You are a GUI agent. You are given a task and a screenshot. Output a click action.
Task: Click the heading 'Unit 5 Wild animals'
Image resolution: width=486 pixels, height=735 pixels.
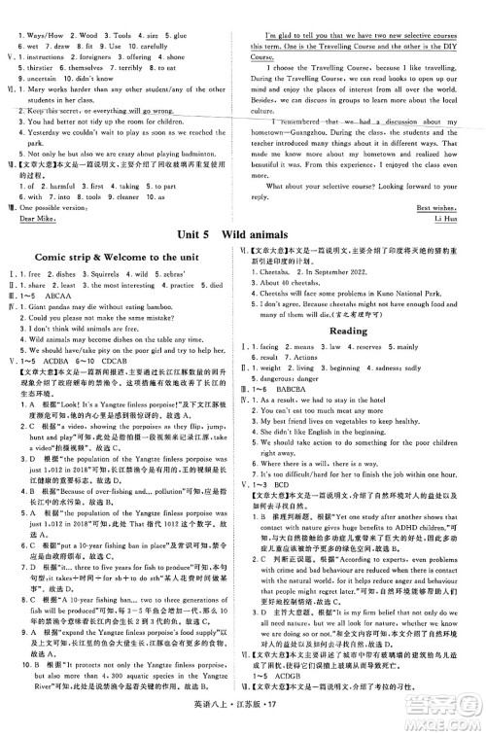coord(242,235)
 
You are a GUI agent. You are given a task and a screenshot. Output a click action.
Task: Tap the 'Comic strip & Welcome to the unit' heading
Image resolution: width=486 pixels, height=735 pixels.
coord(122,257)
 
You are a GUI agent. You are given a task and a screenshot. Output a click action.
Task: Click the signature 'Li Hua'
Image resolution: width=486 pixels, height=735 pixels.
coord(454,220)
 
